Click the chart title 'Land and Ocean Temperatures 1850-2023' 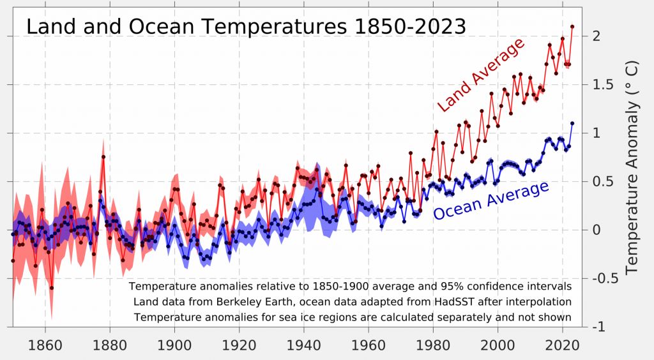pos(245,27)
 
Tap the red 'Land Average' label pos(480,75)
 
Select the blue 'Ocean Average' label pos(490,200)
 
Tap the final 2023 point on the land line pos(572,27)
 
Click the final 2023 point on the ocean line pos(572,123)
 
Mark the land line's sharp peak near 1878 pos(103,156)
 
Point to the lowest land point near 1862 pos(52,288)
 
